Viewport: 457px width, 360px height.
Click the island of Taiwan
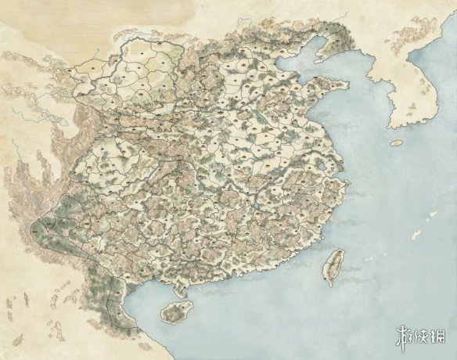(333, 266)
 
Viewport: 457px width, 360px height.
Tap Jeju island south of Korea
(397, 143)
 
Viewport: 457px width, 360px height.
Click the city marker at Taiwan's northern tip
(339, 253)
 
